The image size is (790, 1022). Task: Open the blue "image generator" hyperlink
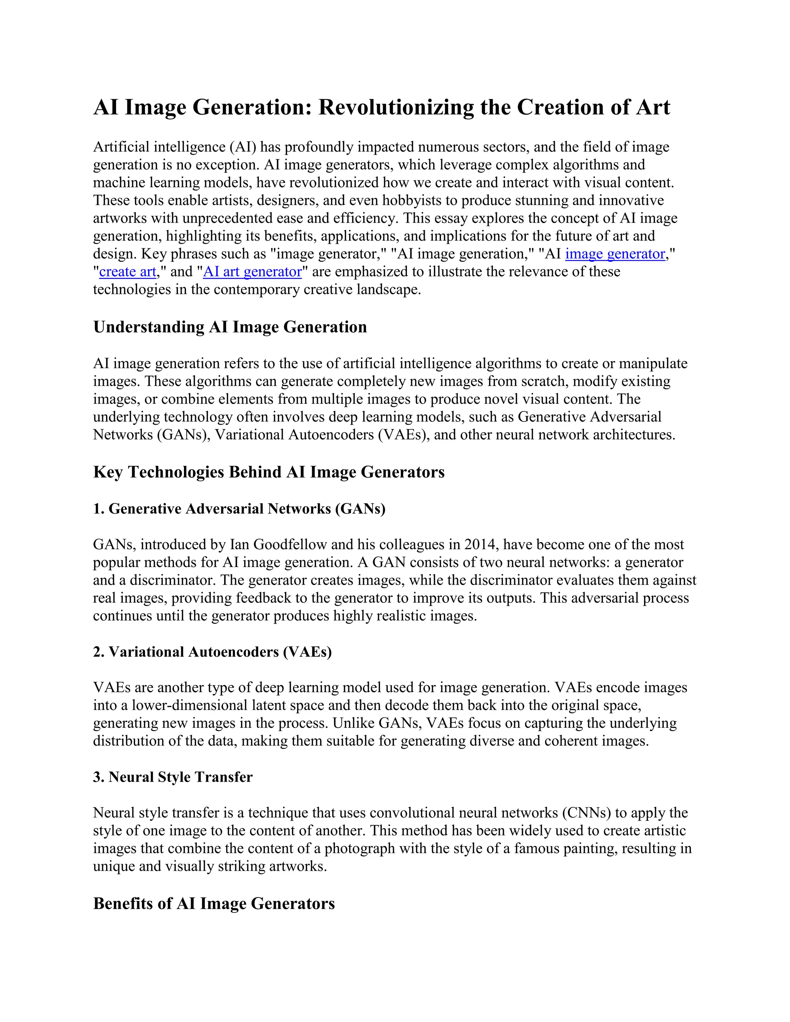pyautogui.click(x=615, y=254)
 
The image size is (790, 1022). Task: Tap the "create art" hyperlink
pyautogui.click(x=127, y=272)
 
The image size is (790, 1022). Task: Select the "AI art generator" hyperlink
pyautogui.click(x=252, y=272)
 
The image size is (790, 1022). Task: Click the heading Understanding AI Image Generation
pyautogui.click(x=230, y=327)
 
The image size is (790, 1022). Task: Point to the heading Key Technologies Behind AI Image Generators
pyautogui.click(x=268, y=472)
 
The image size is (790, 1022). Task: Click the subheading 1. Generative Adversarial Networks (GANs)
pyautogui.click(x=239, y=508)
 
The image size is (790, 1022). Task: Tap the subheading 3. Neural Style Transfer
pyautogui.click(x=173, y=777)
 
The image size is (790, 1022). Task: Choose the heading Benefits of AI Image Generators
pyautogui.click(x=214, y=903)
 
